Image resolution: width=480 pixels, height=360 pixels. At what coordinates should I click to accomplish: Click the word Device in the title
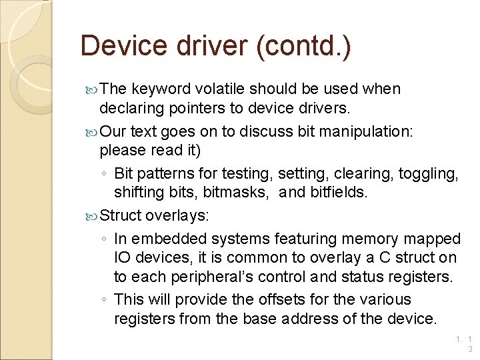(122, 47)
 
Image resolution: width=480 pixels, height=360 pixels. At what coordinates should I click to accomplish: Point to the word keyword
(162, 89)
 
